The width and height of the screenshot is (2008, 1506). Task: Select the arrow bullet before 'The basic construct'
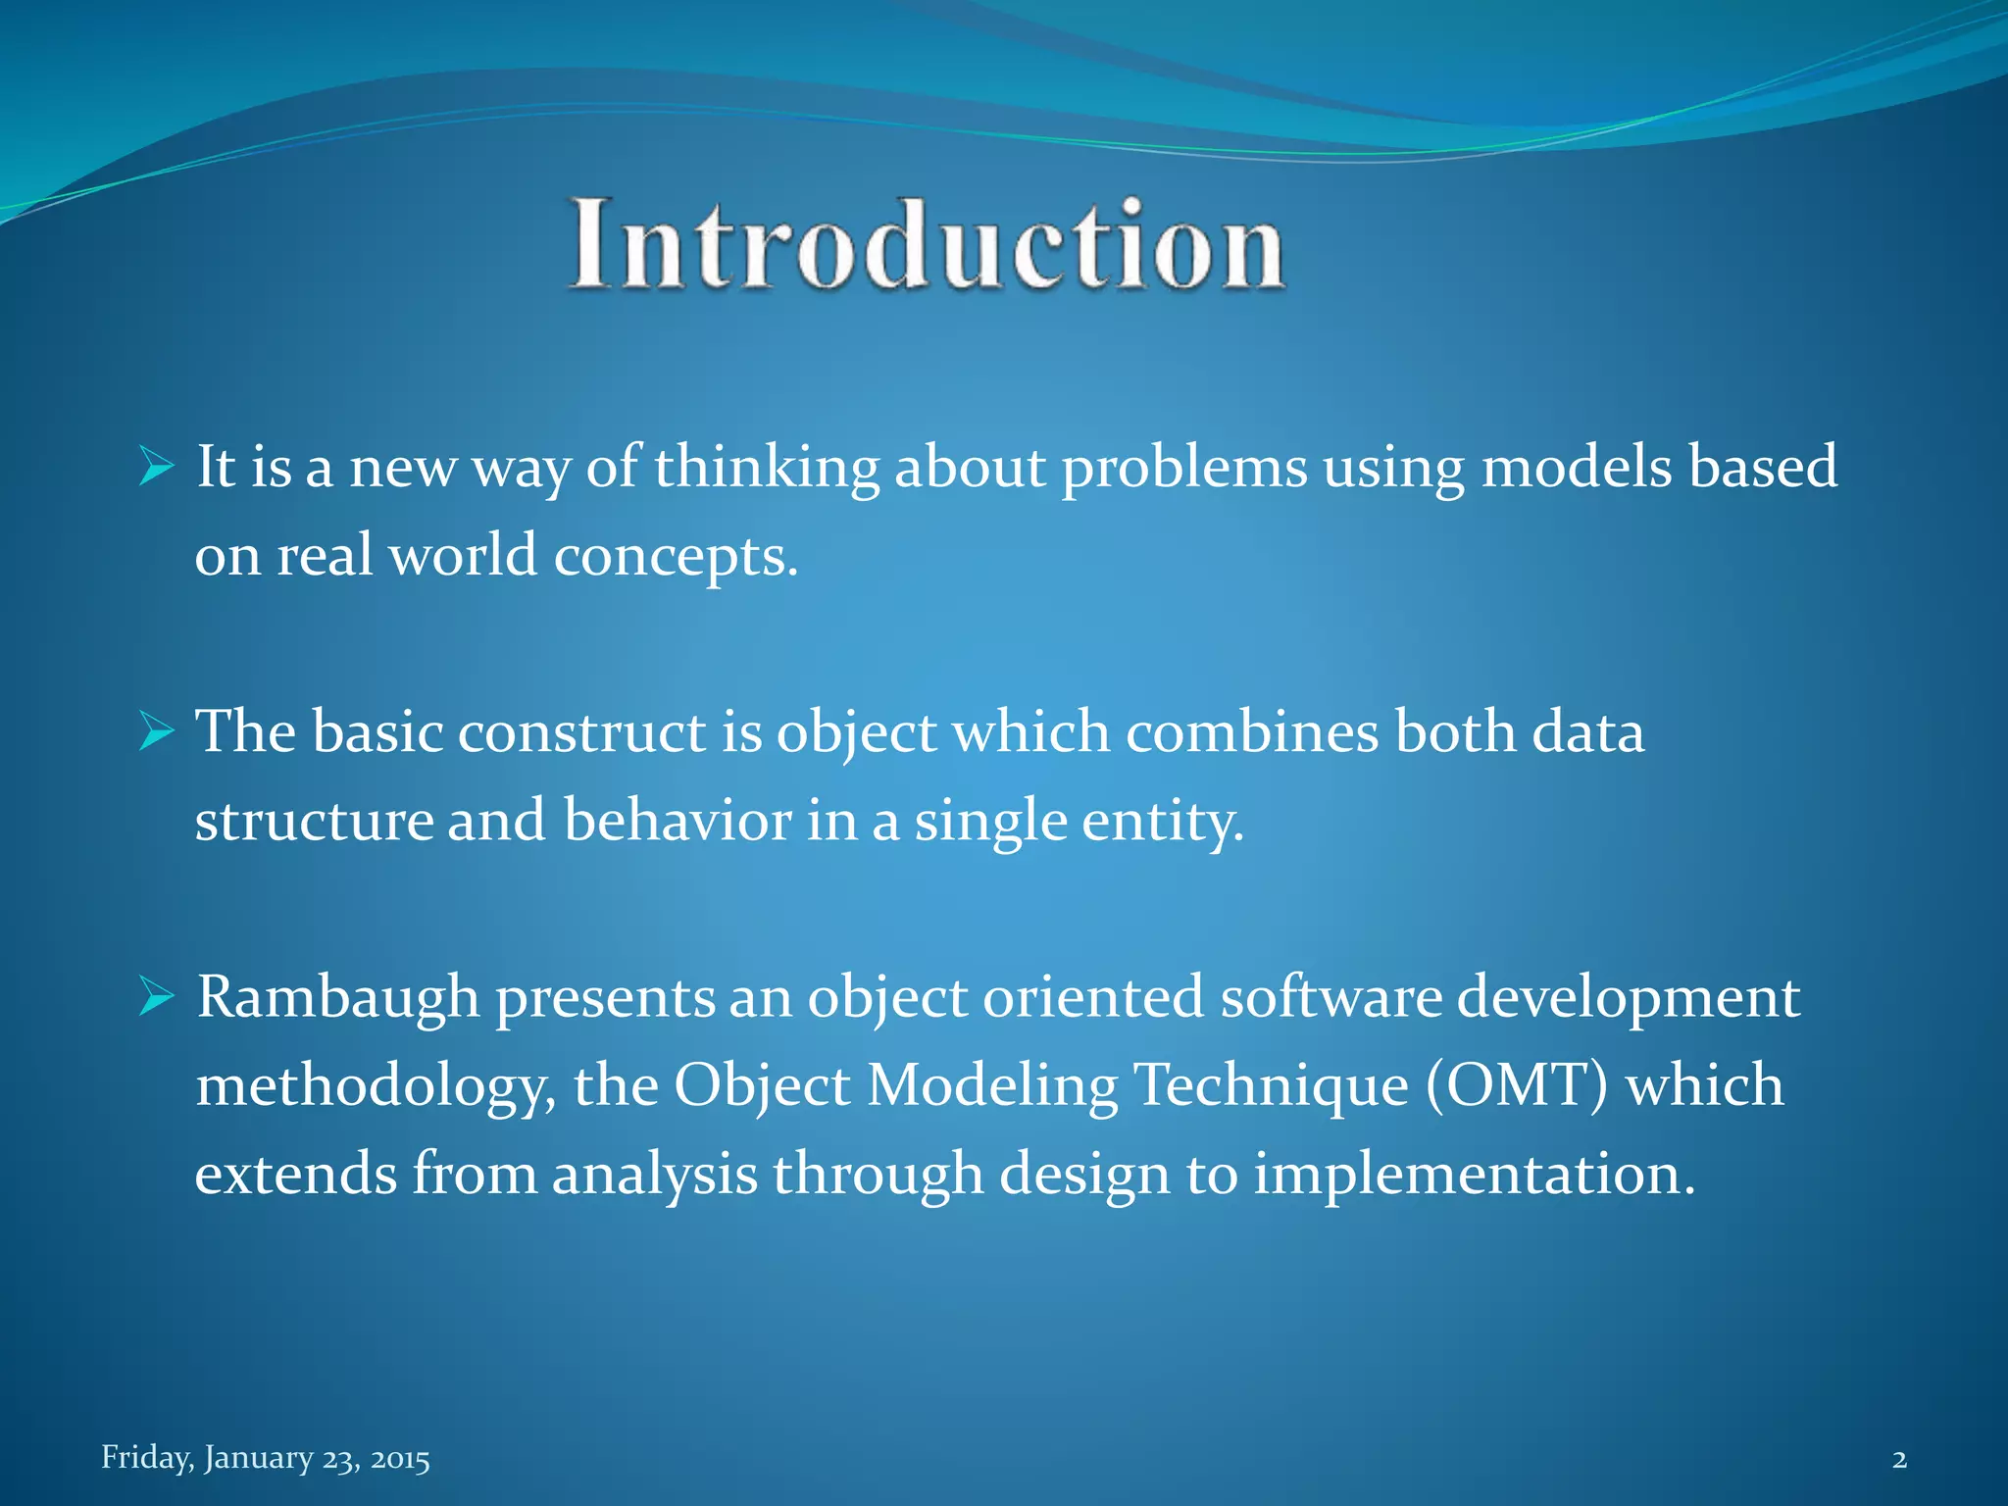[156, 731]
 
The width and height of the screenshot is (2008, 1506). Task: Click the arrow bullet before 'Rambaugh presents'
[156, 996]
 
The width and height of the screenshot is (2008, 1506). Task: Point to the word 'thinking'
[767, 467]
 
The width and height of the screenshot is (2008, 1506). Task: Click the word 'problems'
[1184, 467]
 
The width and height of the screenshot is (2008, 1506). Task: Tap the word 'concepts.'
[677, 557]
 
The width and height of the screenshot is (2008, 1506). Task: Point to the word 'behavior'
[677, 820]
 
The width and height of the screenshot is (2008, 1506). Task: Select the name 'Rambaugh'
[338, 998]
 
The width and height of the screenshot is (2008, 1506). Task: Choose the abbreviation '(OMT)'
[1515, 1085]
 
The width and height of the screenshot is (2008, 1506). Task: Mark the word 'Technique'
[1271, 1086]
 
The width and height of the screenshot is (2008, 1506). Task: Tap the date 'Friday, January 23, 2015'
[266, 1458]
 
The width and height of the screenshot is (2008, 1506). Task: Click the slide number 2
[1899, 1459]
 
